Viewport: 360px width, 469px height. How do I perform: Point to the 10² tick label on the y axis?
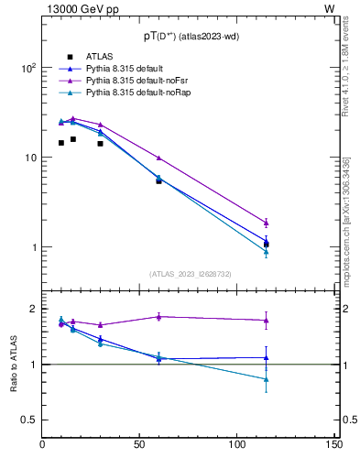(27, 69)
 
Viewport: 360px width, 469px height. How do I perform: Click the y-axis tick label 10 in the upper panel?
(30, 158)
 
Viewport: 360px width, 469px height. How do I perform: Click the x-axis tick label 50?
(140, 445)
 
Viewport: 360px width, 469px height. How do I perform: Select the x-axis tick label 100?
(237, 445)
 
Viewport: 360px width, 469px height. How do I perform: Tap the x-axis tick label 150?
(334, 445)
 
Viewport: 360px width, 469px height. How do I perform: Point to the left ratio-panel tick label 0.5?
(30, 420)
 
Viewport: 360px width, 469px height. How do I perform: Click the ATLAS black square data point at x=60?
(158, 180)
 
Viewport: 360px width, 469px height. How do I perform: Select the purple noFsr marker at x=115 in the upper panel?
(266, 223)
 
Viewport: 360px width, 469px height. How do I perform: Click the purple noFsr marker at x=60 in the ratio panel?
(158, 316)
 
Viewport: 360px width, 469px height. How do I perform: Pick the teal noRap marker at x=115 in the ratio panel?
(266, 378)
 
